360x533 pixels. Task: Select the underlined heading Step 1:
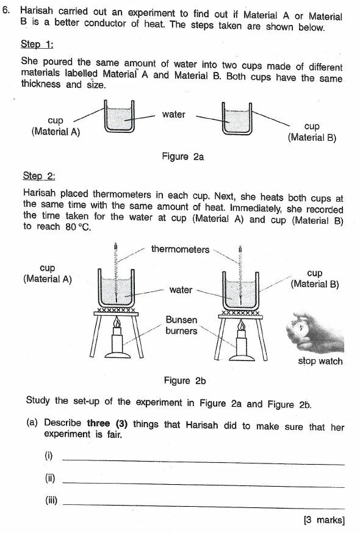pos(38,45)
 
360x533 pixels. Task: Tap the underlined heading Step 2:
pos(39,176)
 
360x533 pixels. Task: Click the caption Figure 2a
pos(182,157)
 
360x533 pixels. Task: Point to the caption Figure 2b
pos(185,381)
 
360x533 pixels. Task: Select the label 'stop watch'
pos(320,361)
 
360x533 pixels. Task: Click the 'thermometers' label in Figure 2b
pos(180,249)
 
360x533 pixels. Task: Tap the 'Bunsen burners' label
pos(181,325)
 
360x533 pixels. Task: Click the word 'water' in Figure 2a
pos(174,114)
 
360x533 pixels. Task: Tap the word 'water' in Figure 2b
pos(181,290)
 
